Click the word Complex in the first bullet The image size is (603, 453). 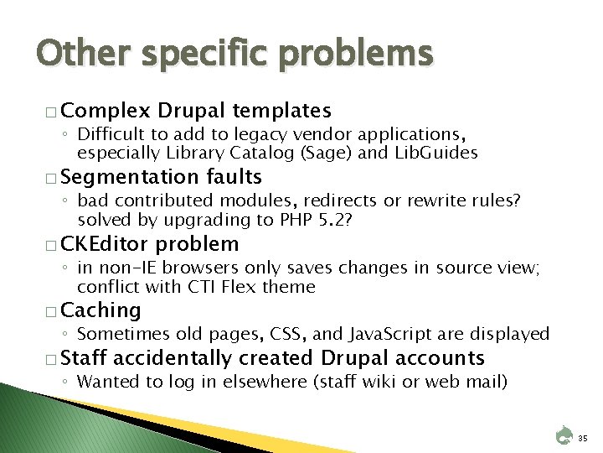[x=106, y=110]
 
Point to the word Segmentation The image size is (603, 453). [x=128, y=177]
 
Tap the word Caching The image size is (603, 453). [x=101, y=310]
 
